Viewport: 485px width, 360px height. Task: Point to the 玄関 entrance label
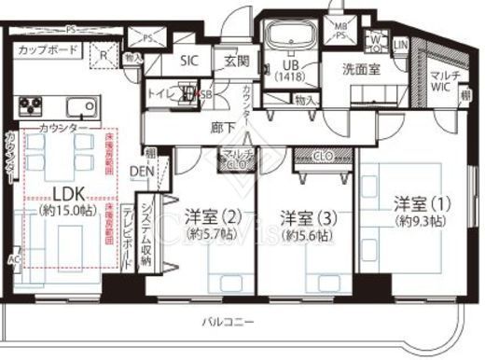[235, 62]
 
